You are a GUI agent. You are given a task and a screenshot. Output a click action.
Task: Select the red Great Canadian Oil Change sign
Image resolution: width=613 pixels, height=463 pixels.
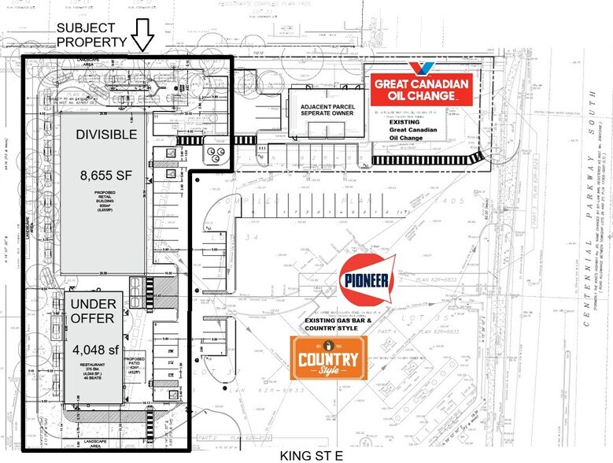pos(421,90)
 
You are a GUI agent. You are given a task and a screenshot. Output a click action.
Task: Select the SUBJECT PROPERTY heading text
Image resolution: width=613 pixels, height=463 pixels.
pos(90,35)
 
